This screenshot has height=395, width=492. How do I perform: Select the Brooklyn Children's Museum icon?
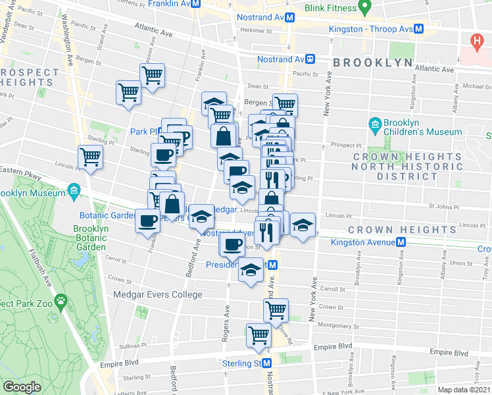[375, 124]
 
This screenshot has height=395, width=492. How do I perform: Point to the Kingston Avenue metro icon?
[400, 242]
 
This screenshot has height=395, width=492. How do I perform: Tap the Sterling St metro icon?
[267, 363]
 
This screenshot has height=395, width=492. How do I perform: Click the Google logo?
[22, 387]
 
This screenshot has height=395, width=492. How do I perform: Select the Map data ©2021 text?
[464, 390]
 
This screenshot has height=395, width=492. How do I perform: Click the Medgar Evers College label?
[158, 294]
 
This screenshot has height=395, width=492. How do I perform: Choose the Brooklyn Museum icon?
[74, 193]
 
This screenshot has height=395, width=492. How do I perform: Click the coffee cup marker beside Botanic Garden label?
[147, 220]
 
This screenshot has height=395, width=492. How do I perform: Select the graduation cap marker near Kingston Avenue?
[303, 224]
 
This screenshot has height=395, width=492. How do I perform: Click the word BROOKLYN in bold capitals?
[373, 63]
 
